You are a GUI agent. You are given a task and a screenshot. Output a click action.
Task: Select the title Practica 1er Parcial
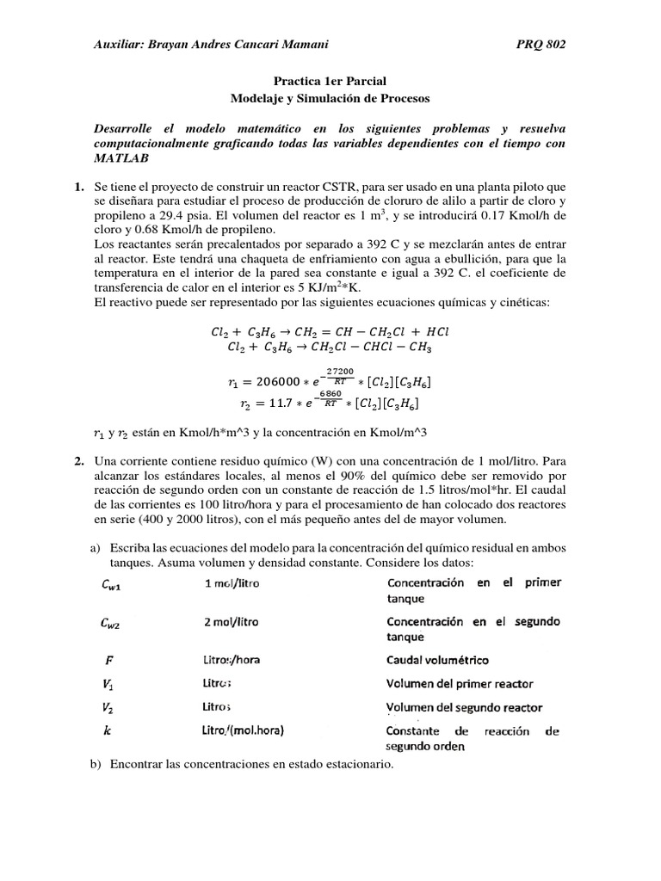coord(330,83)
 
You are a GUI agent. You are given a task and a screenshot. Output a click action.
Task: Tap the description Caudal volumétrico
coord(437,660)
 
